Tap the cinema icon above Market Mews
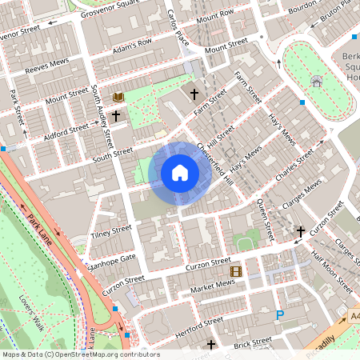point(235,271)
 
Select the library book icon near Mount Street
point(119,97)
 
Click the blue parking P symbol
point(280,316)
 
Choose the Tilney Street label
point(110,231)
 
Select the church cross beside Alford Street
point(116,116)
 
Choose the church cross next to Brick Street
point(211,346)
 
